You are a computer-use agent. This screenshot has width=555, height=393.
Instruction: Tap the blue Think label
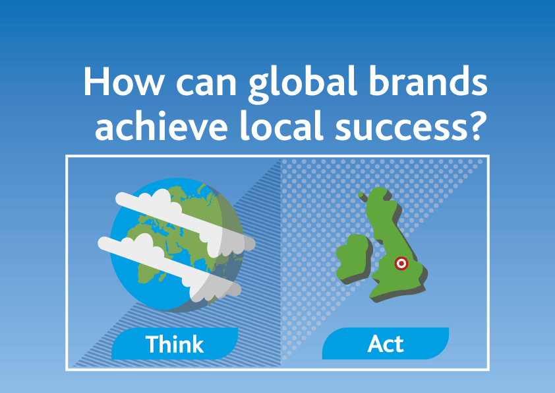click(x=174, y=344)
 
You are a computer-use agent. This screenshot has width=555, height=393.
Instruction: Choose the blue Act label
click(x=386, y=344)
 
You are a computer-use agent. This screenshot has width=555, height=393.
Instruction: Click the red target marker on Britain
click(x=400, y=264)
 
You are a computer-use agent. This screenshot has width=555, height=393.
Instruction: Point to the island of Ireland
click(x=353, y=255)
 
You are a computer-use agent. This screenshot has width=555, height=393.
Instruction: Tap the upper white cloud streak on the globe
click(x=178, y=211)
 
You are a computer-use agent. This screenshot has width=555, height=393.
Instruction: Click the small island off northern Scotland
click(x=361, y=196)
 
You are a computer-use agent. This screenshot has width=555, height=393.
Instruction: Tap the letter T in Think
click(x=152, y=344)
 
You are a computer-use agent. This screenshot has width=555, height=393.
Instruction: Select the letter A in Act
click(x=375, y=344)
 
